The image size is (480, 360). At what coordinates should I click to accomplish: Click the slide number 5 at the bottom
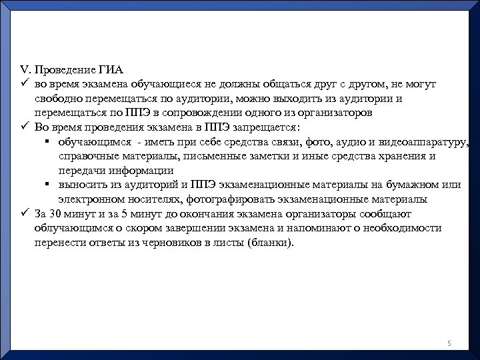pyautogui.click(x=449, y=343)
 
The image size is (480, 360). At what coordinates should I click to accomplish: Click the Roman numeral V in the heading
pyautogui.click(x=24, y=70)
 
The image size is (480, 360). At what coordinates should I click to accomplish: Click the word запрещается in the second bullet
pyautogui.click(x=264, y=127)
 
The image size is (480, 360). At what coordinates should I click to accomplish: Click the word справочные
pyautogui.click(x=85, y=157)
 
